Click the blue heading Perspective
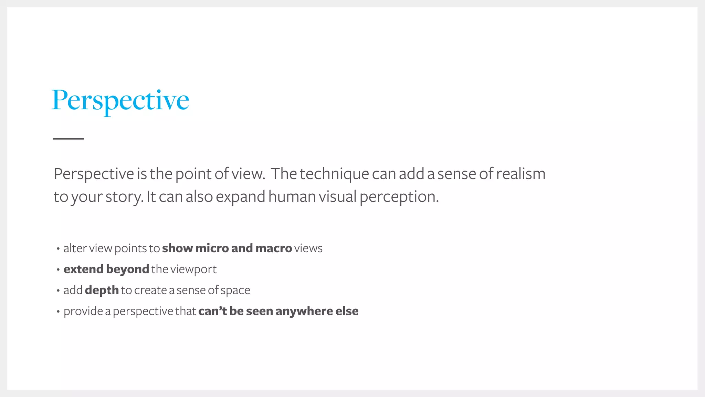[x=120, y=100]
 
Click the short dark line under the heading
[x=68, y=139]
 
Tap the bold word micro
[x=212, y=248]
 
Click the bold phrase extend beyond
[x=106, y=269]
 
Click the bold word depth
[x=102, y=290]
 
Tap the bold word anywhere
[x=304, y=311]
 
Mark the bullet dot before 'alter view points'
[x=58, y=248]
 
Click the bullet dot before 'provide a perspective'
[x=58, y=312]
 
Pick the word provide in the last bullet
[x=83, y=311]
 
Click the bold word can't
[x=212, y=311]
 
